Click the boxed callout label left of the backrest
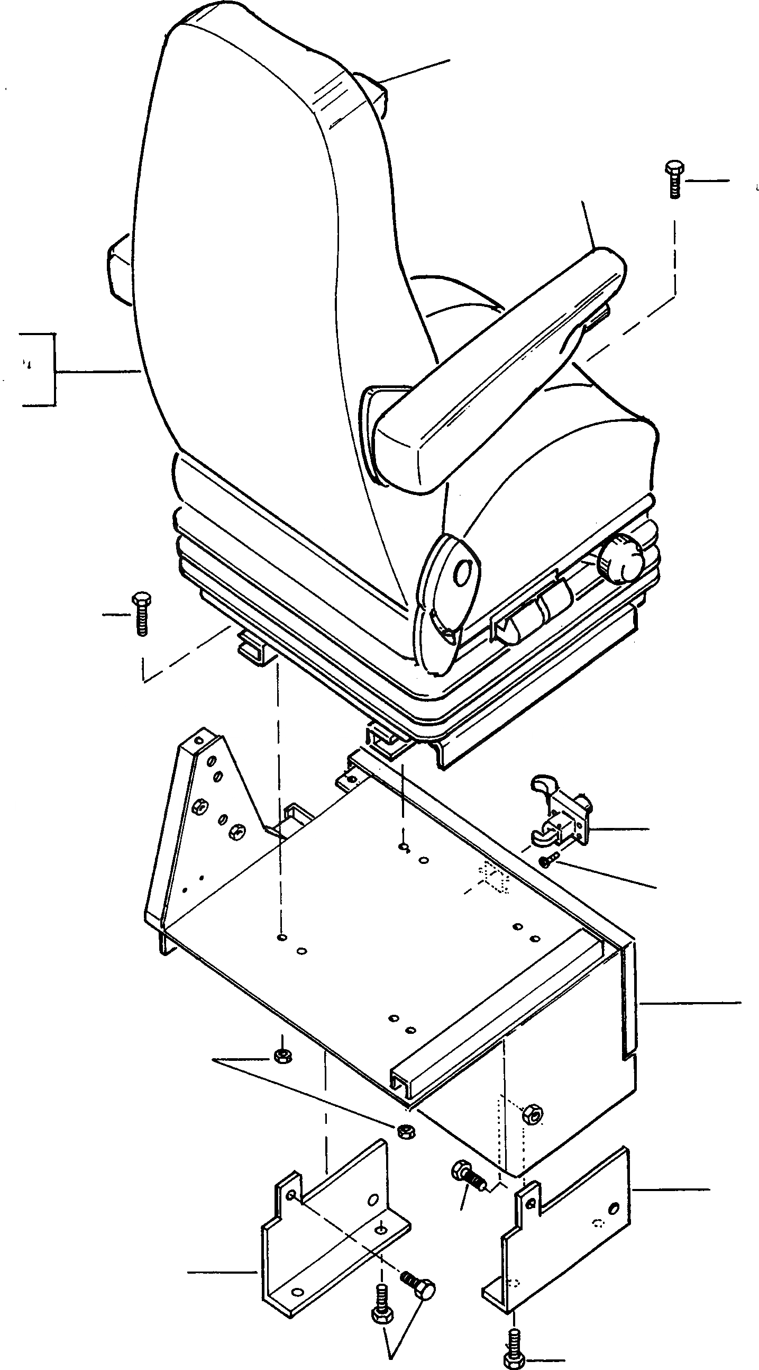pos(37,369)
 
